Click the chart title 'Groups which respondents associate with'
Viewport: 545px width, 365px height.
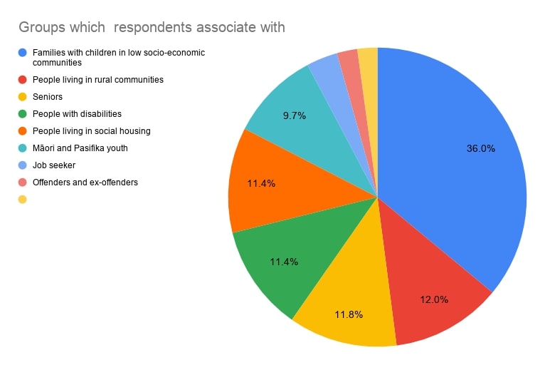click(x=152, y=28)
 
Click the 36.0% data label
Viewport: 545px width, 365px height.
click(x=480, y=149)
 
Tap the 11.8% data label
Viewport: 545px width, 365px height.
click(x=348, y=314)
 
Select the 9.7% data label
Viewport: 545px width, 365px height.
click(x=293, y=115)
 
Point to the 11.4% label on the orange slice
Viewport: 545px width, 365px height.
click(x=261, y=183)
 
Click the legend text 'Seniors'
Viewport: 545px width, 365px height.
click(x=48, y=96)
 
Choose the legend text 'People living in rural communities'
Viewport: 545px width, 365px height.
click(x=98, y=79)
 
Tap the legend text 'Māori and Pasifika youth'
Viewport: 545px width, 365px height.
click(x=80, y=148)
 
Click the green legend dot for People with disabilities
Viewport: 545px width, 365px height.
click(x=23, y=113)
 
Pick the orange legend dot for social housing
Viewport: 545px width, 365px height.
click(x=23, y=130)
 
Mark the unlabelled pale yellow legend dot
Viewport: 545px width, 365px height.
click(x=23, y=199)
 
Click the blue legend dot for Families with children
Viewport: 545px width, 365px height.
click(x=23, y=52)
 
